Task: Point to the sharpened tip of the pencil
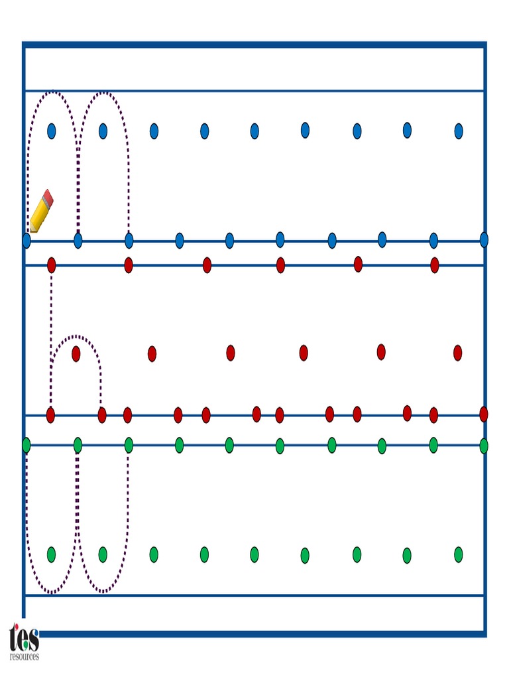pyautogui.click(x=29, y=231)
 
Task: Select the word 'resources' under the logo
pyautogui.click(x=25, y=656)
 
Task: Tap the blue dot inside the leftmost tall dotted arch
pyautogui.click(x=52, y=131)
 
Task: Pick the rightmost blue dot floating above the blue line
pyautogui.click(x=459, y=131)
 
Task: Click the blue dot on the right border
pyautogui.click(x=484, y=239)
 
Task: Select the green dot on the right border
pyautogui.click(x=484, y=446)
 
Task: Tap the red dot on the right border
pyautogui.click(x=484, y=414)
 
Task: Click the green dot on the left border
pyautogui.click(x=27, y=445)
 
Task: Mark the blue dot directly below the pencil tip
pyautogui.click(x=27, y=240)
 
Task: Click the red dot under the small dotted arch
pyautogui.click(x=76, y=353)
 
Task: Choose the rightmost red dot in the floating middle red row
pyautogui.click(x=457, y=353)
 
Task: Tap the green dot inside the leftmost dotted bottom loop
pyautogui.click(x=51, y=554)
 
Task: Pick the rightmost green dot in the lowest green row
pyautogui.click(x=459, y=554)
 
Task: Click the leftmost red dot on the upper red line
pyautogui.click(x=52, y=265)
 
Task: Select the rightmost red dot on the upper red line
pyautogui.click(x=435, y=265)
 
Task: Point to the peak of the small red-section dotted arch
pyautogui.click(x=76, y=336)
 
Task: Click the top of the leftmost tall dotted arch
pyautogui.click(x=52, y=92)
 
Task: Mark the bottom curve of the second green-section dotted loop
pyautogui.click(x=103, y=591)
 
